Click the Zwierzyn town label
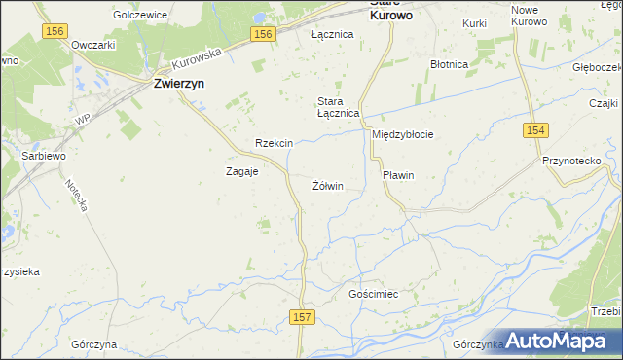[x=179, y=84]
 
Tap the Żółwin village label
[x=328, y=185]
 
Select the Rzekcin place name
[x=274, y=143]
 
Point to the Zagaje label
[x=241, y=170]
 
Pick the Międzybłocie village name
[x=402, y=134]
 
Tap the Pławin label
[x=399, y=175]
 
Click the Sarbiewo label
[x=43, y=155]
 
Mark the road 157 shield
[x=303, y=317]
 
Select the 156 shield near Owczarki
[x=55, y=32]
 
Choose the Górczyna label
[x=94, y=344]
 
